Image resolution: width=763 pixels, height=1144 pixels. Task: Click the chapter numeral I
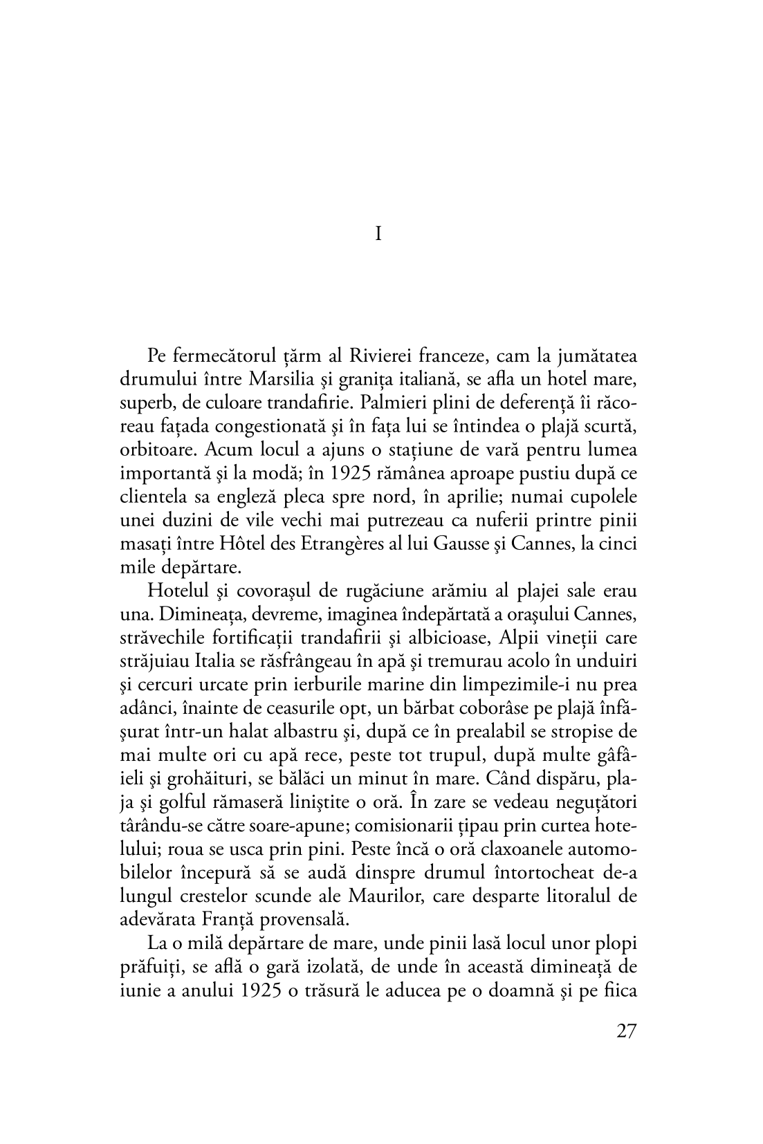(378, 235)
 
